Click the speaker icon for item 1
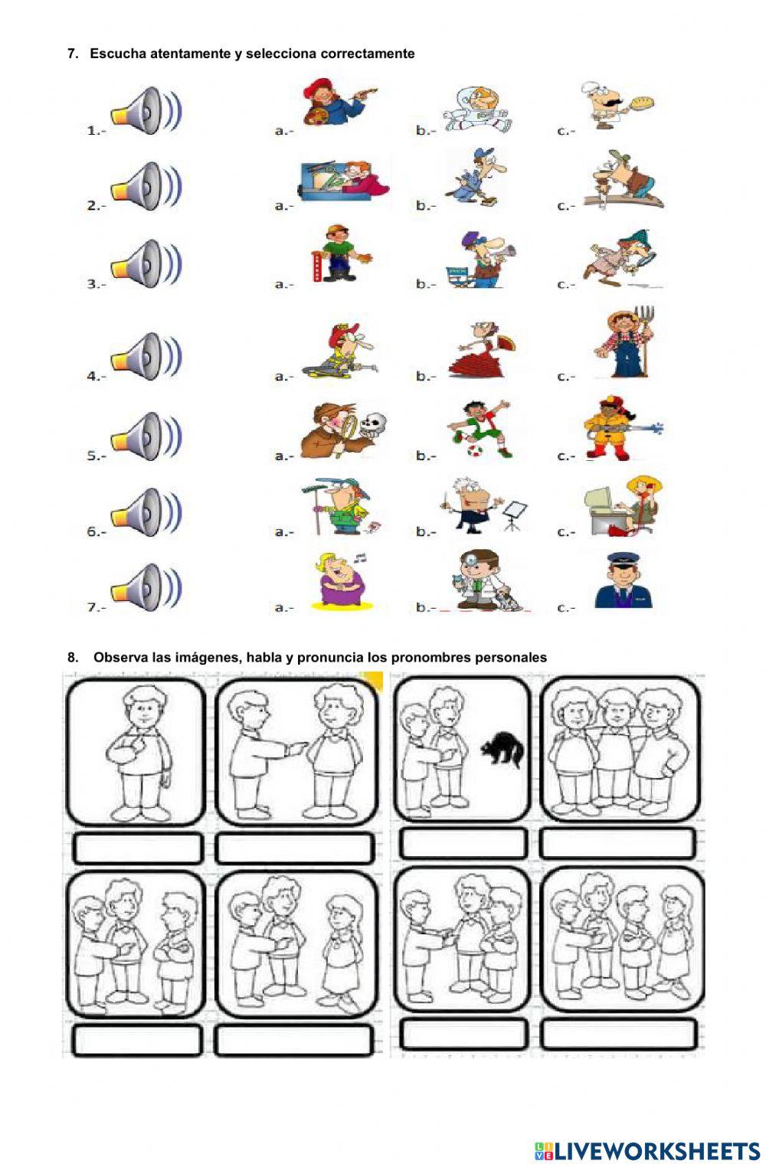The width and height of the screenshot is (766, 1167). point(146,111)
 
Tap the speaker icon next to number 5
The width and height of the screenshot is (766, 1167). point(146,436)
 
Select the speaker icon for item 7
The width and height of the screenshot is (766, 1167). point(146,587)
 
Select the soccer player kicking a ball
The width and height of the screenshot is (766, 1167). point(480,428)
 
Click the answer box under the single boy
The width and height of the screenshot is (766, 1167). point(138,848)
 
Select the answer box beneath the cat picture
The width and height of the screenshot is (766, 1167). point(463,843)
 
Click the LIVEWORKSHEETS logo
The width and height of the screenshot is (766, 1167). point(647,1149)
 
